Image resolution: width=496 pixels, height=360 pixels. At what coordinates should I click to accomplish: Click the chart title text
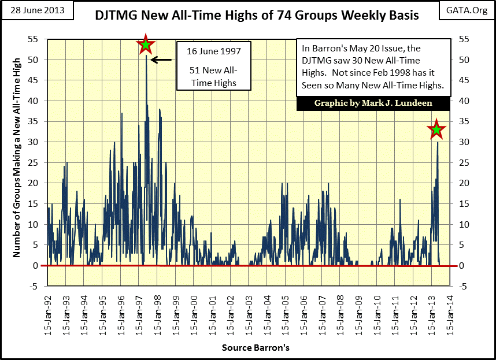(x=257, y=15)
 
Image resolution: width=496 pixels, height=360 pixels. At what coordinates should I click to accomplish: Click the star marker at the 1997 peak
(x=146, y=44)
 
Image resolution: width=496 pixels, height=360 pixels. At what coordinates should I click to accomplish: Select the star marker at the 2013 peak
(x=436, y=130)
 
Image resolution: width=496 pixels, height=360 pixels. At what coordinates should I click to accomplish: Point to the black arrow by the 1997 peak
(x=161, y=60)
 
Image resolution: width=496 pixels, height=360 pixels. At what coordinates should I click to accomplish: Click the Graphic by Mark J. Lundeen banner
(x=372, y=103)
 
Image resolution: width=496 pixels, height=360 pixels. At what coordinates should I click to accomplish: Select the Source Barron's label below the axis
(x=255, y=348)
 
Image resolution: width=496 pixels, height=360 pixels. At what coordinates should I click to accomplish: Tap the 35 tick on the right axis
(x=462, y=121)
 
